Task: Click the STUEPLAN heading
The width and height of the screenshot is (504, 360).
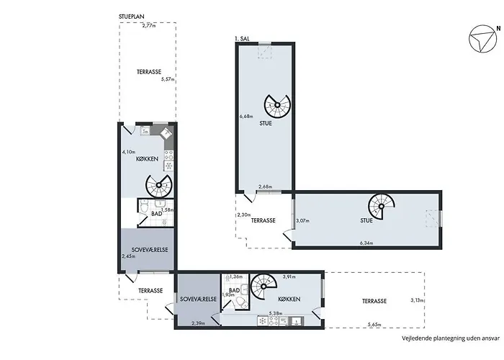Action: (132, 17)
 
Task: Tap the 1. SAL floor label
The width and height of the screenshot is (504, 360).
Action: (243, 39)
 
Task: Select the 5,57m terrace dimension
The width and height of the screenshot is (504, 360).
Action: (168, 79)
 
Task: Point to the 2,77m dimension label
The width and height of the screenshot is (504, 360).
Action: (149, 26)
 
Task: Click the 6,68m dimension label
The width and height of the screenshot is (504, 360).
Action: (246, 117)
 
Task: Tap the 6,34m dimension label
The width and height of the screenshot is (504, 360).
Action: (366, 243)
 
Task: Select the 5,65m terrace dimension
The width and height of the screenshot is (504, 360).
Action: (374, 325)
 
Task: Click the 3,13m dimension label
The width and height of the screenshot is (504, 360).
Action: (417, 300)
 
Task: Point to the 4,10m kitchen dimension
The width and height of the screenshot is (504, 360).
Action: (129, 152)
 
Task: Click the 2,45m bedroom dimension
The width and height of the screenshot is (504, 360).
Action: (129, 256)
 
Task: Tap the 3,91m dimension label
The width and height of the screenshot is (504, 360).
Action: (289, 276)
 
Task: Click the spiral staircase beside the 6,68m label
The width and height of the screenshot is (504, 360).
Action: (277, 105)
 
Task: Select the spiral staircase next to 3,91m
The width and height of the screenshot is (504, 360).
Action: (264, 286)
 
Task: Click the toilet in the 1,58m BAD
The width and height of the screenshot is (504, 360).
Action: (144, 207)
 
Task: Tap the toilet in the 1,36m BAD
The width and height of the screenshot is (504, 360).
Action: (240, 302)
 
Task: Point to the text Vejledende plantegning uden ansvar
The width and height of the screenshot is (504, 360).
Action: (451, 338)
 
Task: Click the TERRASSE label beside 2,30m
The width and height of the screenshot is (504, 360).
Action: (264, 220)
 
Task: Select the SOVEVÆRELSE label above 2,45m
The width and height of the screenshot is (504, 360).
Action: (150, 250)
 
